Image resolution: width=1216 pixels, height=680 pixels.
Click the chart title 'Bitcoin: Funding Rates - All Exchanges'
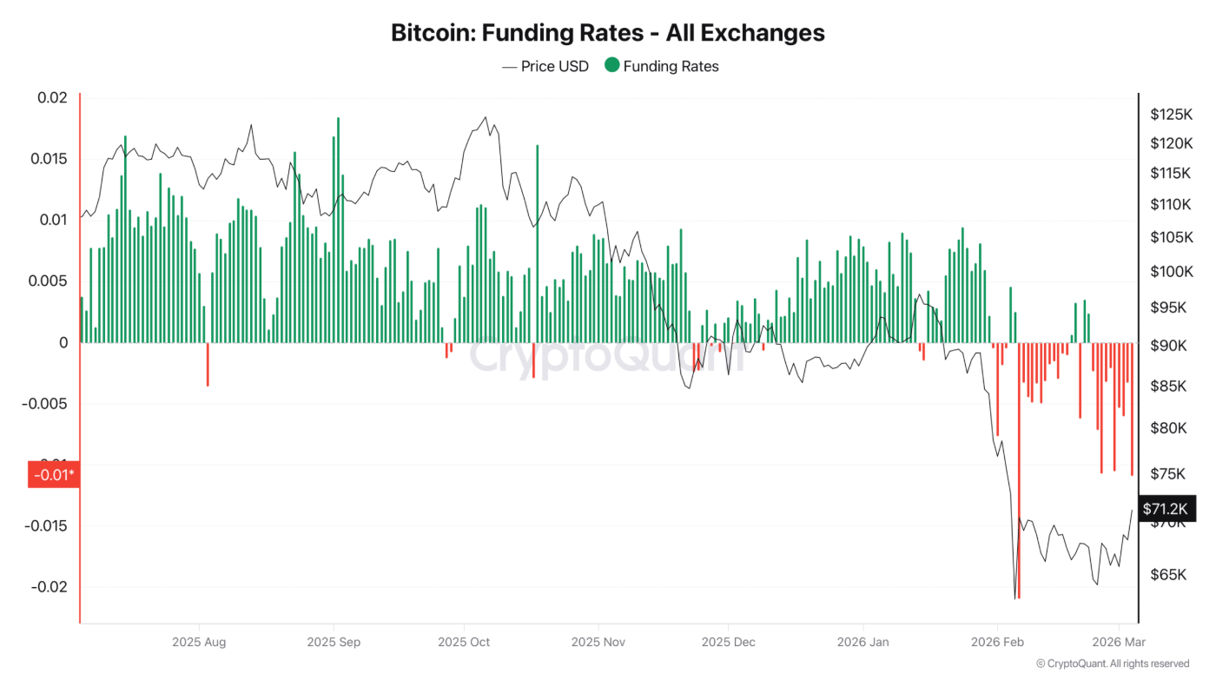click(x=608, y=33)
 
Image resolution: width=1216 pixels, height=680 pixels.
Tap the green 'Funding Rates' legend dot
click(x=612, y=65)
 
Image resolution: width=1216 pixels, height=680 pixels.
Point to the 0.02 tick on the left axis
click(x=52, y=97)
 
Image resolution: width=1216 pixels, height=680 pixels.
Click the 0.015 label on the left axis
click(x=49, y=159)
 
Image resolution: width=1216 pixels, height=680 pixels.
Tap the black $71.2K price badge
click(x=1164, y=508)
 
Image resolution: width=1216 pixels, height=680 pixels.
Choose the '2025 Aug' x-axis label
click(x=199, y=642)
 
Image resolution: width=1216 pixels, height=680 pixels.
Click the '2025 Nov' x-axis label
click(x=598, y=642)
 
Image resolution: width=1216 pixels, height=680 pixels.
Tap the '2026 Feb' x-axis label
click(x=997, y=642)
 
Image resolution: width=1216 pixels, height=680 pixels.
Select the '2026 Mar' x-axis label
click(x=1118, y=642)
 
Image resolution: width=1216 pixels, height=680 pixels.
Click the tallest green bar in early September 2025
click(x=338, y=230)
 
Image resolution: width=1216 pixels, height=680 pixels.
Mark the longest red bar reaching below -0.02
click(x=1019, y=469)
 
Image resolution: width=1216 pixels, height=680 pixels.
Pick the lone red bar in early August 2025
click(x=208, y=364)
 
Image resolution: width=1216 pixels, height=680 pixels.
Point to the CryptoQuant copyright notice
click(x=1113, y=663)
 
